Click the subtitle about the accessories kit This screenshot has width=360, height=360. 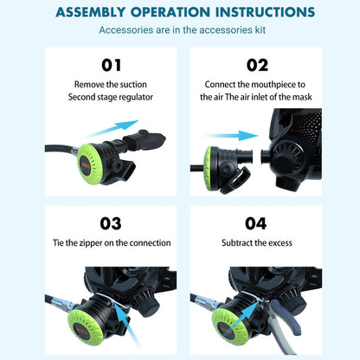(x=180, y=30)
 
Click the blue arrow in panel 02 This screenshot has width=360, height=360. (x=237, y=136)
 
